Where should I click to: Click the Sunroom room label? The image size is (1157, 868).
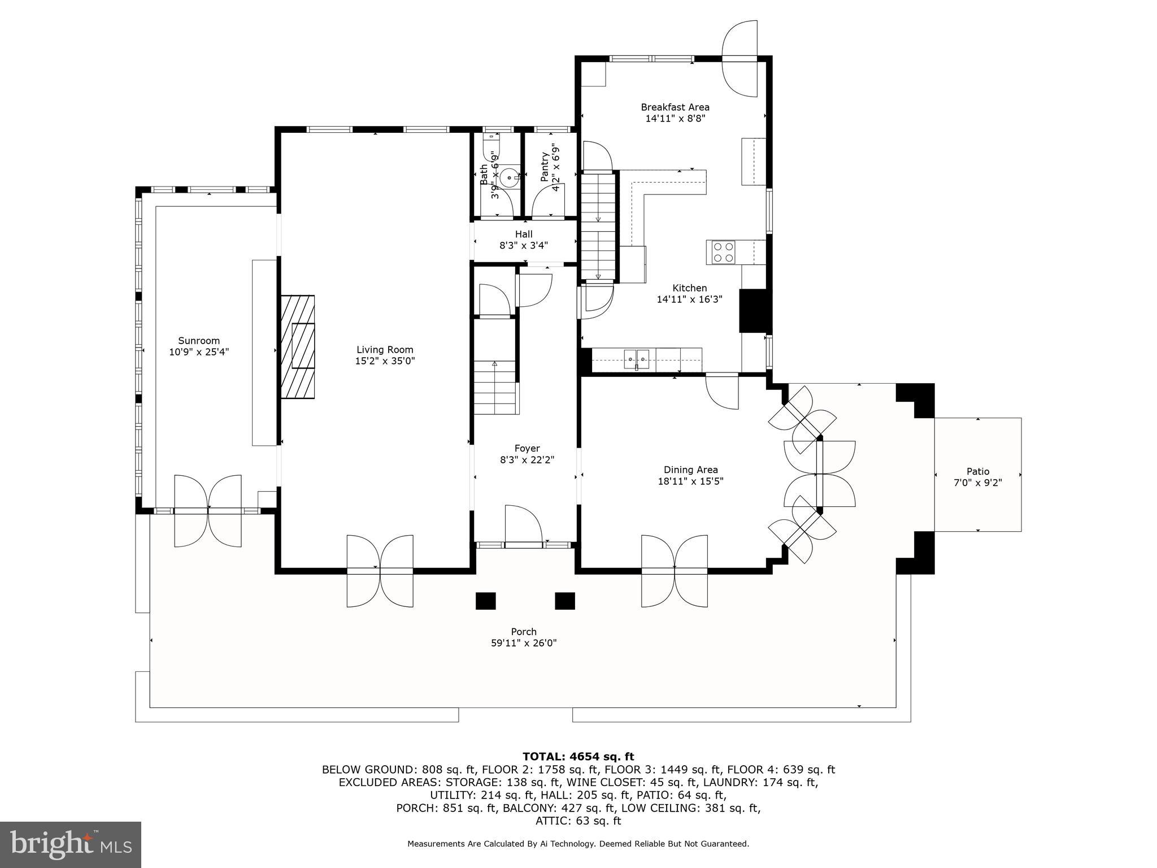[x=199, y=341]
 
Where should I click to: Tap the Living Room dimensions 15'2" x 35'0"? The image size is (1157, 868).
[x=385, y=361]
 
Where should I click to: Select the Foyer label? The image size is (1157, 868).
[x=527, y=449]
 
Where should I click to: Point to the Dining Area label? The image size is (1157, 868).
[x=690, y=470]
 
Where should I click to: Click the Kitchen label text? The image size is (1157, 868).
[x=689, y=288]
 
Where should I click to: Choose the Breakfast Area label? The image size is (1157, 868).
[x=675, y=107]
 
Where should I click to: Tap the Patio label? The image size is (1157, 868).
[x=978, y=471]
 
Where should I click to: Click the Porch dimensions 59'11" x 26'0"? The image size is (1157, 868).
[x=524, y=643]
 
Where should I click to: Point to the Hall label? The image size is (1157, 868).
[x=524, y=234]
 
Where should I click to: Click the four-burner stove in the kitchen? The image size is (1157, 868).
[x=723, y=252]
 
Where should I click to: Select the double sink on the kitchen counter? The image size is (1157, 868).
[x=637, y=358]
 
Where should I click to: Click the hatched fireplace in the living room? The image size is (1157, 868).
[x=297, y=346]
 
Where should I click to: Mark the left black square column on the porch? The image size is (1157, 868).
[x=485, y=601]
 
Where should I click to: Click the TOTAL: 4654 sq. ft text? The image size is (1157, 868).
[x=578, y=756]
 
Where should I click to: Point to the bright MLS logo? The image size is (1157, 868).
[x=71, y=844]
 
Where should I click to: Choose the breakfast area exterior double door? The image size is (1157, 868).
[x=740, y=58]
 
